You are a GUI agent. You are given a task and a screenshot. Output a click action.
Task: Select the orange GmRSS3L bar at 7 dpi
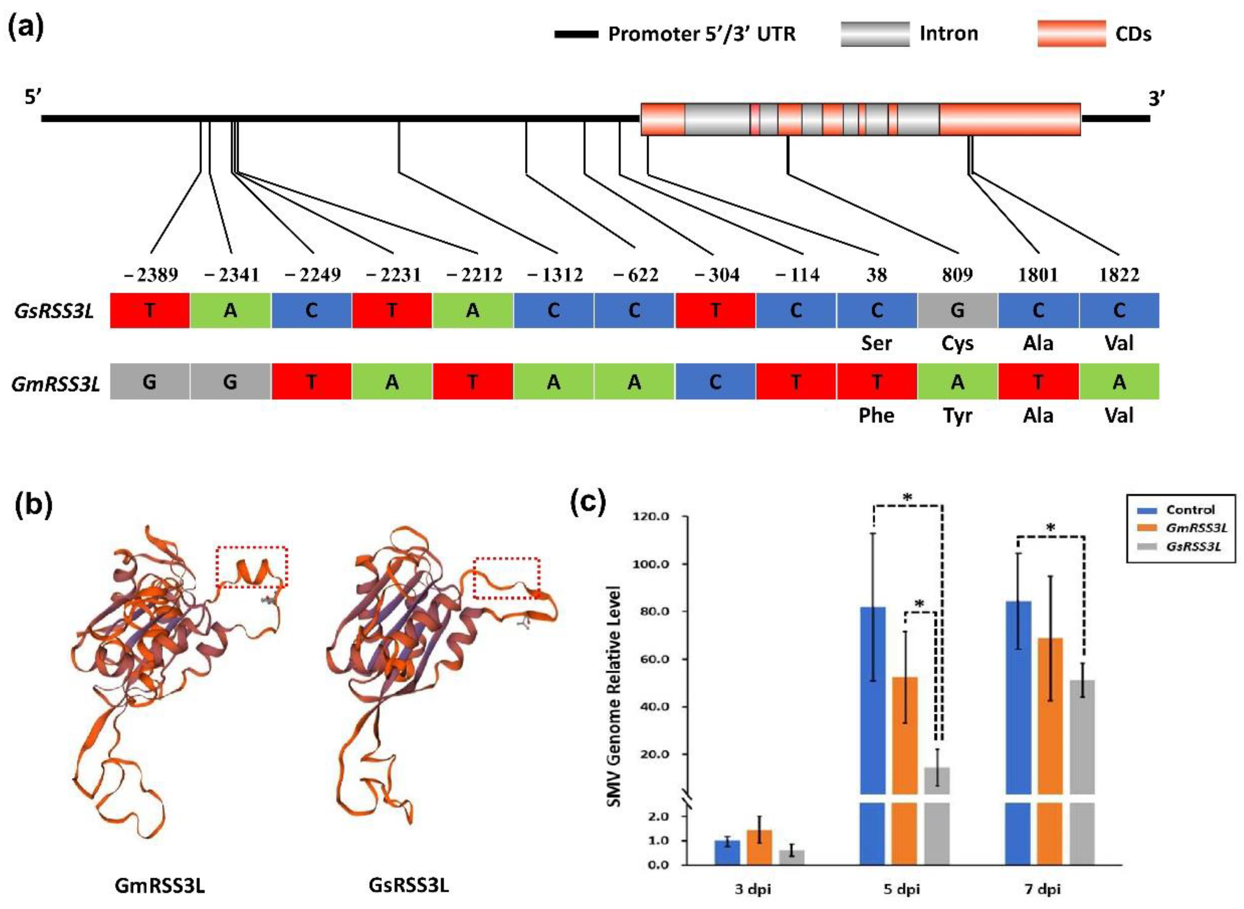pos(1050,715)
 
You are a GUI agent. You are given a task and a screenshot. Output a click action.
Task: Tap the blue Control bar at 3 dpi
pos(727,852)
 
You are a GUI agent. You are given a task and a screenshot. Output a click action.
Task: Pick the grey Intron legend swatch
pos(875,34)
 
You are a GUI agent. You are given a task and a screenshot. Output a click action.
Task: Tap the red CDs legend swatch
pos(1071,34)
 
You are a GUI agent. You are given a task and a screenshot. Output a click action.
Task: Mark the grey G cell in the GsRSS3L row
pos(957,311)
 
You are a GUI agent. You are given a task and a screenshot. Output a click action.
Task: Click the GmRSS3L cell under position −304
pos(715,381)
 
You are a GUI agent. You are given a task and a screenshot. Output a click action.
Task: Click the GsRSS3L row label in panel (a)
pos(54,311)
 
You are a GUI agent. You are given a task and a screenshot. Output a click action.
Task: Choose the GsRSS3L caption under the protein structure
pos(408,886)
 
